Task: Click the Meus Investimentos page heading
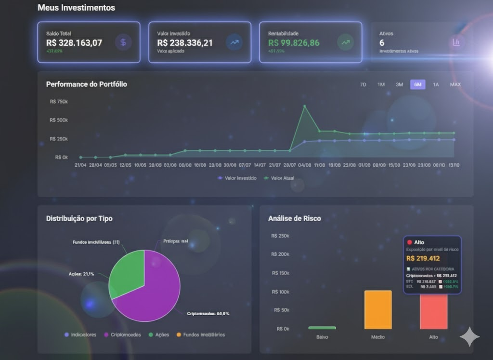[76, 8]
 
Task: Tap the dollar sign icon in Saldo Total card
[123, 42]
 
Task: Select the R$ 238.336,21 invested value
[185, 43]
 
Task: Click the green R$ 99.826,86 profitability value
[294, 43]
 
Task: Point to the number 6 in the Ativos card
[382, 43]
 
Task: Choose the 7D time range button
[363, 84]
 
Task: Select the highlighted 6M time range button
[417, 84]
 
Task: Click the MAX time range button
[455, 84]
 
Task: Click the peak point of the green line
[304, 106]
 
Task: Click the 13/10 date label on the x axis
[453, 165]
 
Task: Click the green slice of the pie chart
[126, 270]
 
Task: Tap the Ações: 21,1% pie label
[81, 274]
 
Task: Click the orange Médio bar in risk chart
[378, 310]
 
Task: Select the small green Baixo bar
[322, 328]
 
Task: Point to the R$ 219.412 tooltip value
[423, 259]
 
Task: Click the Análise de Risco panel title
[294, 218]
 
